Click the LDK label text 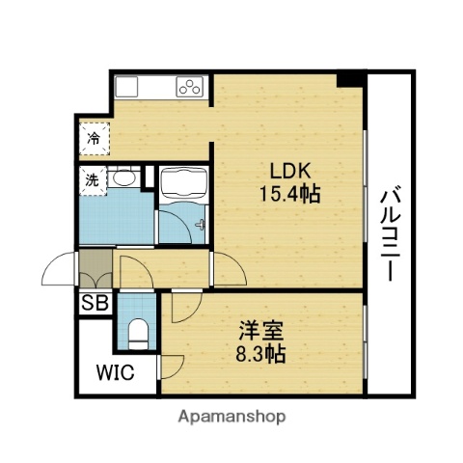coord(289,171)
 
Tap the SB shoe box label coord(95,303)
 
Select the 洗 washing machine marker coord(92,179)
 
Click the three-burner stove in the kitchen coord(189,87)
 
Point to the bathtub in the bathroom coord(181,180)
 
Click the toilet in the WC coord(138,334)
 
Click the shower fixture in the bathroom coord(200,224)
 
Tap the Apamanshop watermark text coord(231,418)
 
